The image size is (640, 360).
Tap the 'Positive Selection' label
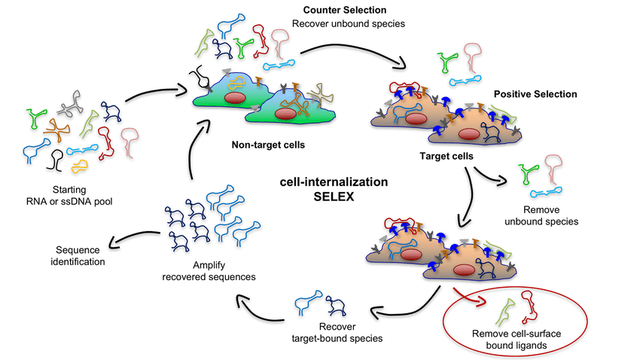click(535, 94)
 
